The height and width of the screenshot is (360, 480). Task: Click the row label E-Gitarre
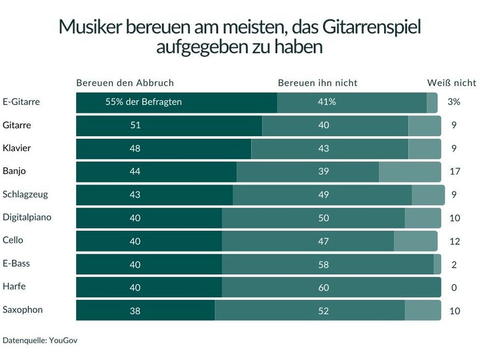(21, 102)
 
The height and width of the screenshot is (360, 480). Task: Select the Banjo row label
(14, 171)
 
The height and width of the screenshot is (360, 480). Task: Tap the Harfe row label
(14, 287)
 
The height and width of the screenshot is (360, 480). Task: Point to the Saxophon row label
(22, 310)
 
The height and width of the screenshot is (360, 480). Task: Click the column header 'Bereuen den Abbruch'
(125, 83)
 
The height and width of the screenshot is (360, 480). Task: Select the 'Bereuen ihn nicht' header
(317, 83)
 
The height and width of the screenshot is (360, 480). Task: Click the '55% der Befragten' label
(143, 102)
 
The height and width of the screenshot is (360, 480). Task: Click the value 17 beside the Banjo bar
(454, 172)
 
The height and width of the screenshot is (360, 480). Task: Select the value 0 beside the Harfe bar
(454, 287)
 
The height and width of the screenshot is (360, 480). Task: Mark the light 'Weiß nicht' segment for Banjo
(410, 172)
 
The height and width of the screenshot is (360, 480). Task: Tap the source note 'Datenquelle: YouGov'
(40, 340)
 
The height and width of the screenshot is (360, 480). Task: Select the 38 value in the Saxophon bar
(135, 310)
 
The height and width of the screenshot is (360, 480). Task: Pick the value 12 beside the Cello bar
(454, 241)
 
